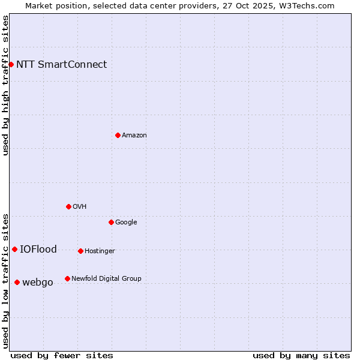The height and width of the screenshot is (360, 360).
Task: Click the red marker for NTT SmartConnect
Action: (x=11, y=64)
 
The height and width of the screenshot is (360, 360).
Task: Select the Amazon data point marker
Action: (x=118, y=135)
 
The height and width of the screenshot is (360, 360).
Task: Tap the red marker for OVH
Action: (x=68, y=206)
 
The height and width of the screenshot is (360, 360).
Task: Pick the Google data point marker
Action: (x=111, y=222)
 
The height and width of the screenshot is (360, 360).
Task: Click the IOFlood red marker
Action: (x=14, y=249)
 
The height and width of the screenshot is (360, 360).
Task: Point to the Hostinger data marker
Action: (x=80, y=251)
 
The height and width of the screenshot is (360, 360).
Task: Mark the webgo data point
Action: (x=17, y=282)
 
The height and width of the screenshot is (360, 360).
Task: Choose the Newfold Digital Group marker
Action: (x=67, y=278)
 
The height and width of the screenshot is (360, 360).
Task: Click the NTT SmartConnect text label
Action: (x=61, y=65)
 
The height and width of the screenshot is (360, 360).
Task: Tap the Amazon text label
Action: (x=134, y=136)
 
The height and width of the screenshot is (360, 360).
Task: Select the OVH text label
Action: (x=80, y=207)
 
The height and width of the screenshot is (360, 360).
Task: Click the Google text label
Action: (x=126, y=223)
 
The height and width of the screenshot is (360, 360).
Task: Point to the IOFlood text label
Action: (x=38, y=250)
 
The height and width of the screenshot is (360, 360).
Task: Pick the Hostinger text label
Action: (x=100, y=251)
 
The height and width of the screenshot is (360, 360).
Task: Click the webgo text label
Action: (x=38, y=283)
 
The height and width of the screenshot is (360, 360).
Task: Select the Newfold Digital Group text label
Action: (x=106, y=279)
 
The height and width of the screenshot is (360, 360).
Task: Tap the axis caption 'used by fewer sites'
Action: (x=62, y=355)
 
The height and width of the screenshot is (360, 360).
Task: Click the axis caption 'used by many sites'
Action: (x=301, y=355)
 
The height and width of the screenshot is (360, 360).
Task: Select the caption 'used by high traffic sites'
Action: (x=5, y=85)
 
